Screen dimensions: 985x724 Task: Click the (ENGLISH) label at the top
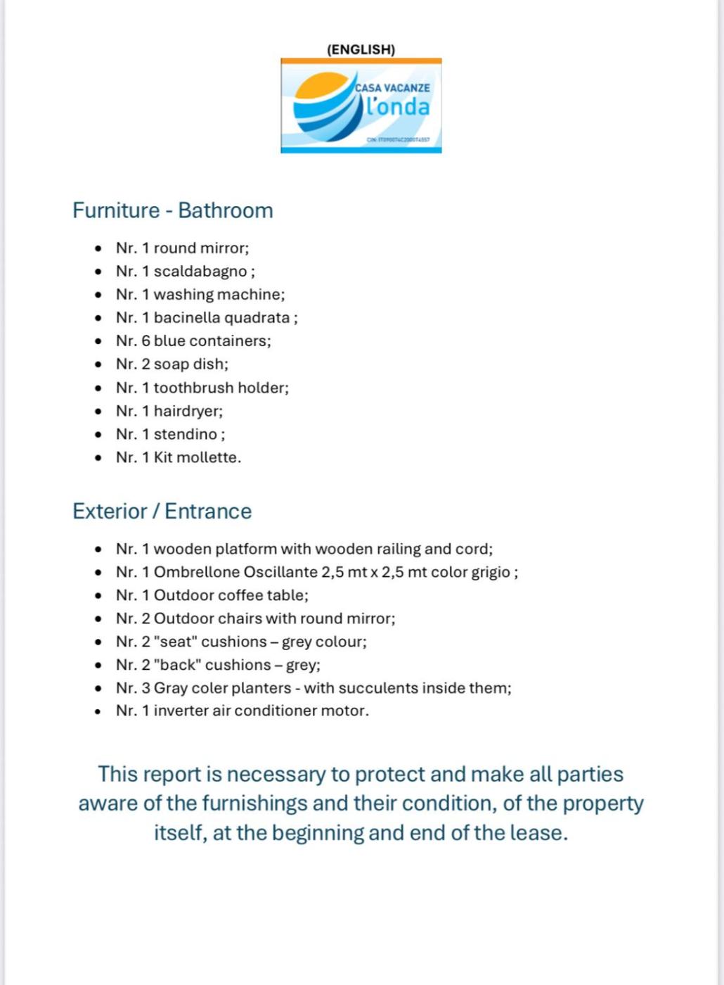tap(361, 49)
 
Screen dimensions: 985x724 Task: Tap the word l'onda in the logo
tap(398, 106)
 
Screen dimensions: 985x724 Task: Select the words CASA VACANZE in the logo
tap(392, 88)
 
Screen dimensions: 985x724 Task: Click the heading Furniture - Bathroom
tap(172, 210)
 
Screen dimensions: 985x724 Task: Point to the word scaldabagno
tap(200, 272)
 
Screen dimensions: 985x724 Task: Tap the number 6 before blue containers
tap(146, 341)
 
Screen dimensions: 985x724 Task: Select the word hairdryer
tap(187, 411)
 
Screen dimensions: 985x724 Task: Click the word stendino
tap(185, 434)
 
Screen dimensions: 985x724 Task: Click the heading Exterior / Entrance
tap(162, 511)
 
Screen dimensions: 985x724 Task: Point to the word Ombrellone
tap(197, 572)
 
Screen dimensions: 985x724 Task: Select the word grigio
tap(491, 572)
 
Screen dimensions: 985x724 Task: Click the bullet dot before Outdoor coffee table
tap(98, 596)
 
